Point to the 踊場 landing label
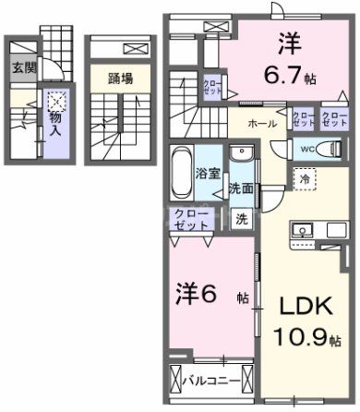click(120, 79)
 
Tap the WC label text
click(306, 148)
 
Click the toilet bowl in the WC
click(325, 148)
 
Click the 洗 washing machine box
click(241, 219)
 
